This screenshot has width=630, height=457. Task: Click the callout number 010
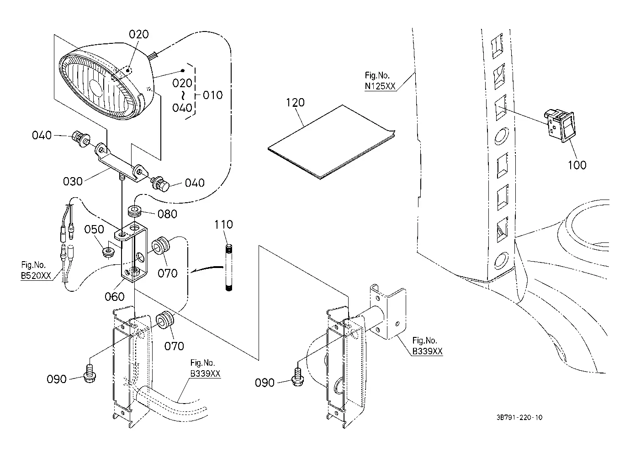click(212, 95)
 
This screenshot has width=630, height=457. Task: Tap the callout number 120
click(295, 103)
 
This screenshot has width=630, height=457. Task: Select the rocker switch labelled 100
click(560, 126)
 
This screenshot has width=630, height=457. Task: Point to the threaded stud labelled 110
click(229, 268)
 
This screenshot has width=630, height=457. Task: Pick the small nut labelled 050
click(108, 252)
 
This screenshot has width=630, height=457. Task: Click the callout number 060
click(115, 296)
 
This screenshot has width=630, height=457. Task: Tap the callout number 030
click(73, 181)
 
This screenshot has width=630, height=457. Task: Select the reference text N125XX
click(380, 86)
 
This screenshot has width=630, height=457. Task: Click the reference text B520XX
click(36, 276)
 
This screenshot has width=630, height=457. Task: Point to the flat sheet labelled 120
click(331, 142)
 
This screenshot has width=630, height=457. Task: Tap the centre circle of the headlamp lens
click(95, 88)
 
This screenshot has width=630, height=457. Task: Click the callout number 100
click(577, 165)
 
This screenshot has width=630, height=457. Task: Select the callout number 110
click(223, 224)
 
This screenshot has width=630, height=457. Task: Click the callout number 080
click(167, 214)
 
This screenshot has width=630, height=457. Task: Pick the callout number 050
click(94, 229)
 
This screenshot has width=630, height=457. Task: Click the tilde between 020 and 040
click(183, 95)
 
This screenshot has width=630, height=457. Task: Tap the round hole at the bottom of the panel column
click(501, 260)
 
